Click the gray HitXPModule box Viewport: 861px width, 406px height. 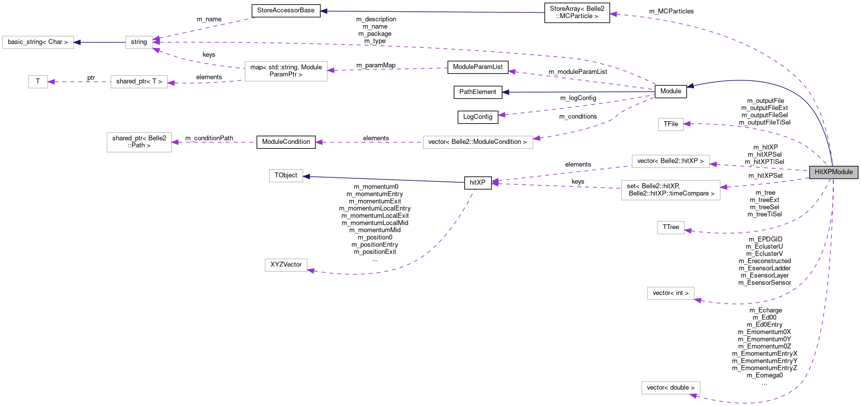click(x=833, y=172)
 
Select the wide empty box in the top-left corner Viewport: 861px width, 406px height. click(x=38, y=42)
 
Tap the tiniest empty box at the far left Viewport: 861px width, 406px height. click(x=38, y=82)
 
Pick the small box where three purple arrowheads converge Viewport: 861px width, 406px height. click(x=139, y=42)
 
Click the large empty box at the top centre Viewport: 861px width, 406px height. click(x=286, y=71)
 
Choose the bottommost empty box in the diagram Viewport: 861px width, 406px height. click(x=671, y=388)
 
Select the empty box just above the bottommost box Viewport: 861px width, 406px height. click(x=671, y=293)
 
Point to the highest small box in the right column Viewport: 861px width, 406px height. click(x=671, y=124)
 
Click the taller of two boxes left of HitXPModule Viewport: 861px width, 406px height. click(x=670, y=190)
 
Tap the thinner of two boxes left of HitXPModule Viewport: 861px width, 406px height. click(x=671, y=161)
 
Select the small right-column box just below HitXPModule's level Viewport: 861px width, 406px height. click(x=671, y=228)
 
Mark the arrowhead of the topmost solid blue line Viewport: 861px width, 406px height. click(x=323, y=11)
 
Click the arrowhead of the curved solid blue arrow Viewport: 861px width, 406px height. click(x=690, y=86)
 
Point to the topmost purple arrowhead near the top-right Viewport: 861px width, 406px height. click(x=613, y=14)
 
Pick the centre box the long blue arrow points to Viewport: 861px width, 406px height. click(x=286, y=175)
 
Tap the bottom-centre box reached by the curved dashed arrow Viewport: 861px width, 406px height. click(x=286, y=265)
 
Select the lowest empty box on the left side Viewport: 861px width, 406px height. click(x=139, y=142)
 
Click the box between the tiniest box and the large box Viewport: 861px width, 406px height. click(x=139, y=82)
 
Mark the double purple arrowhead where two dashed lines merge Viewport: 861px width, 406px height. click(x=495, y=183)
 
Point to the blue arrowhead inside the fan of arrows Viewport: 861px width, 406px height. click(x=505, y=92)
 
